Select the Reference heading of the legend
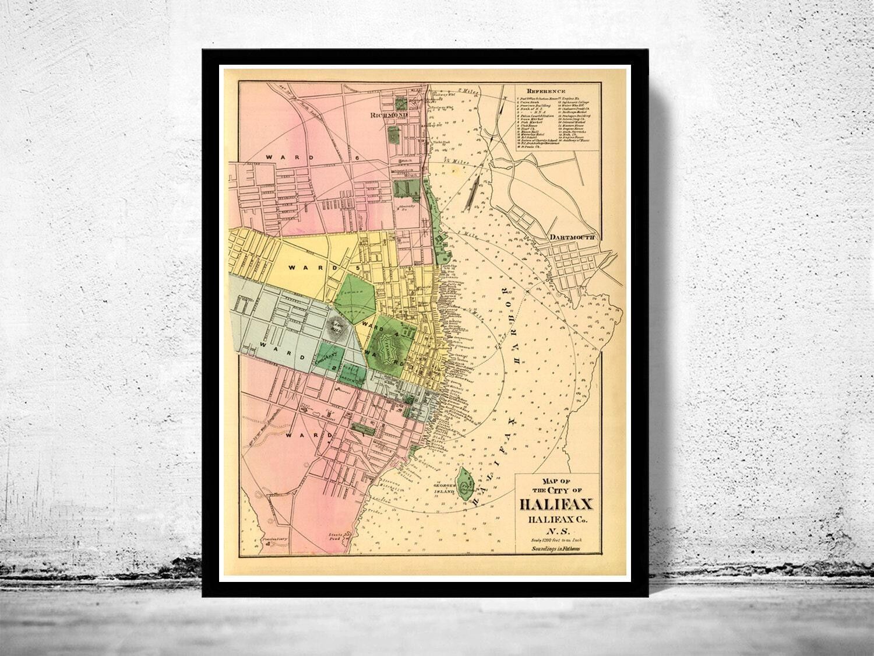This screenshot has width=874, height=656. click(546, 92)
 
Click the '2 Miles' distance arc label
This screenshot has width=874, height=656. click(467, 91)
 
